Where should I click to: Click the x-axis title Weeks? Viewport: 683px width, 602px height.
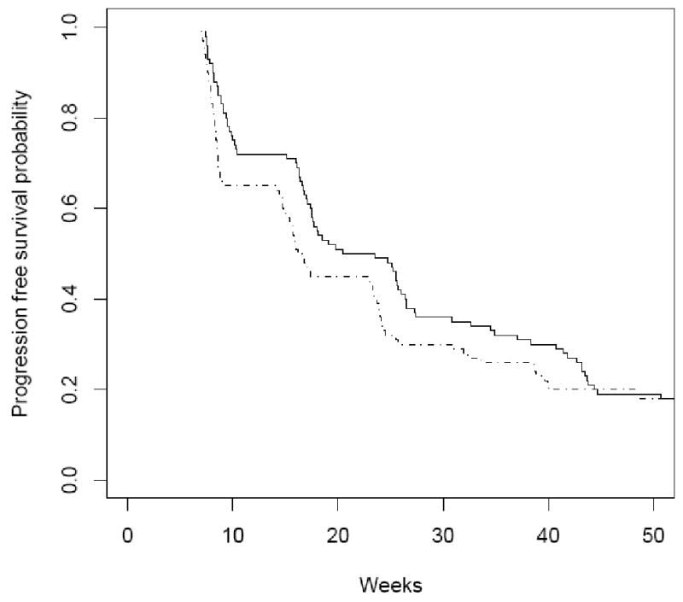pyautogui.click(x=390, y=585)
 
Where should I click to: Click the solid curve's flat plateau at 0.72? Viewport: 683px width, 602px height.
pyautogui.click(x=260, y=155)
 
